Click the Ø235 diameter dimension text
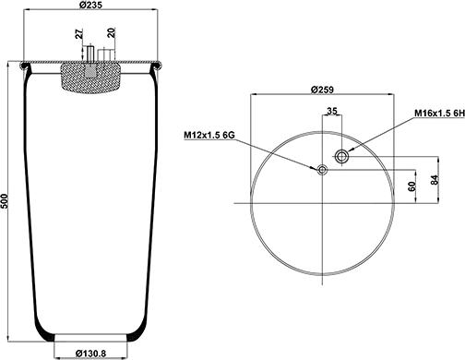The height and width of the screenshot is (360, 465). (x=90, y=5)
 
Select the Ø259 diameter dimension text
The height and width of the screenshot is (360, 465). (x=322, y=90)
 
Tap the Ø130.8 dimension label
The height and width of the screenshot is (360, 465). (x=90, y=354)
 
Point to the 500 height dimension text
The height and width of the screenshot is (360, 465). (x=4, y=201)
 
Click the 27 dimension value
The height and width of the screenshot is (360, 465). (x=79, y=34)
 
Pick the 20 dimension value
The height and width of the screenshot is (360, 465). (x=112, y=32)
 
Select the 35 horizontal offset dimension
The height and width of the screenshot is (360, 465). (x=331, y=111)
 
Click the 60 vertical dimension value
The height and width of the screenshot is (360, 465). (x=411, y=186)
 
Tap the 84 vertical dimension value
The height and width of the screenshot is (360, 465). (x=434, y=180)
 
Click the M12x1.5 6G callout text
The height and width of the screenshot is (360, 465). (x=209, y=135)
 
